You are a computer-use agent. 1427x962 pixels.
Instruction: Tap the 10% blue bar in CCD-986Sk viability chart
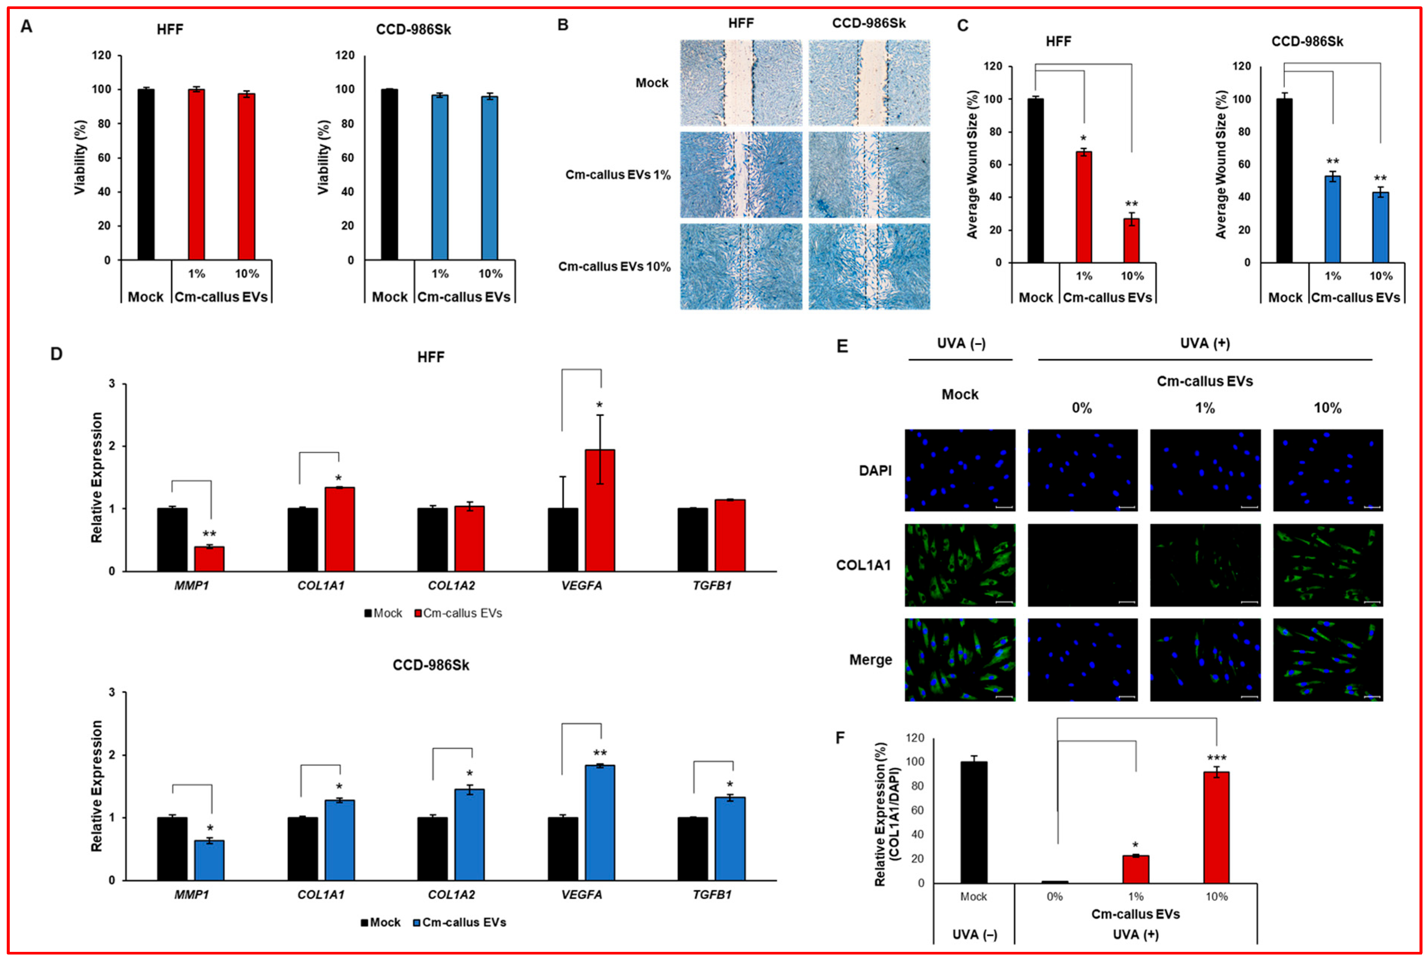point(489,178)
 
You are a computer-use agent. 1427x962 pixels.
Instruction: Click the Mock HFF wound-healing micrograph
point(740,83)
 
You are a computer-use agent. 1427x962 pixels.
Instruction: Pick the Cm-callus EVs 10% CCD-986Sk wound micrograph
point(869,266)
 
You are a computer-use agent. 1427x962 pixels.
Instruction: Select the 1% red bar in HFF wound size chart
point(1084,207)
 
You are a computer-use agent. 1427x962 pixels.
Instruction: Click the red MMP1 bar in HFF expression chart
point(209,559)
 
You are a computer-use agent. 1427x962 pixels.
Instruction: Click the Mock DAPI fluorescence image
point(959,470)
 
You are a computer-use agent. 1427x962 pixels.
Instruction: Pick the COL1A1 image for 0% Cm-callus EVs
point(1082,565)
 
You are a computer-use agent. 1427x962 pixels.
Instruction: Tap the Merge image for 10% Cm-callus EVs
point(1328,660)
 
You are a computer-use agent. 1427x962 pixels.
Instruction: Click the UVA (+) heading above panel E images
point(1204,343)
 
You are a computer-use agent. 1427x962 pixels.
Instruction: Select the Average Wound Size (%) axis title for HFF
point(972,164)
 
